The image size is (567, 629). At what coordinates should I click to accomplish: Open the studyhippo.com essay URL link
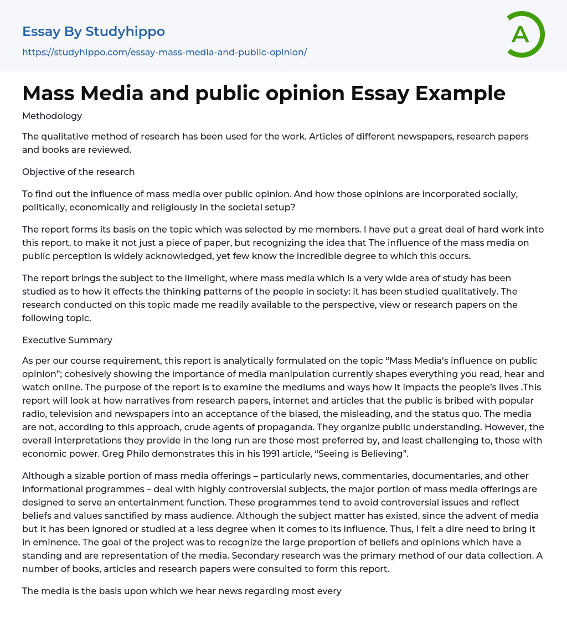coord(164,52)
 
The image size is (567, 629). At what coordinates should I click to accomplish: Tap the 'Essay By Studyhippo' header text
coord(94,32)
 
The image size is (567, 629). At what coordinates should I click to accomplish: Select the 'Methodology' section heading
coord(52,116)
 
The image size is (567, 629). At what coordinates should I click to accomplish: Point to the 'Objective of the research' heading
coord(78,172)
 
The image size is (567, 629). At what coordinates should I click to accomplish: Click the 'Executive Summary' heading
coord(67,340)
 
